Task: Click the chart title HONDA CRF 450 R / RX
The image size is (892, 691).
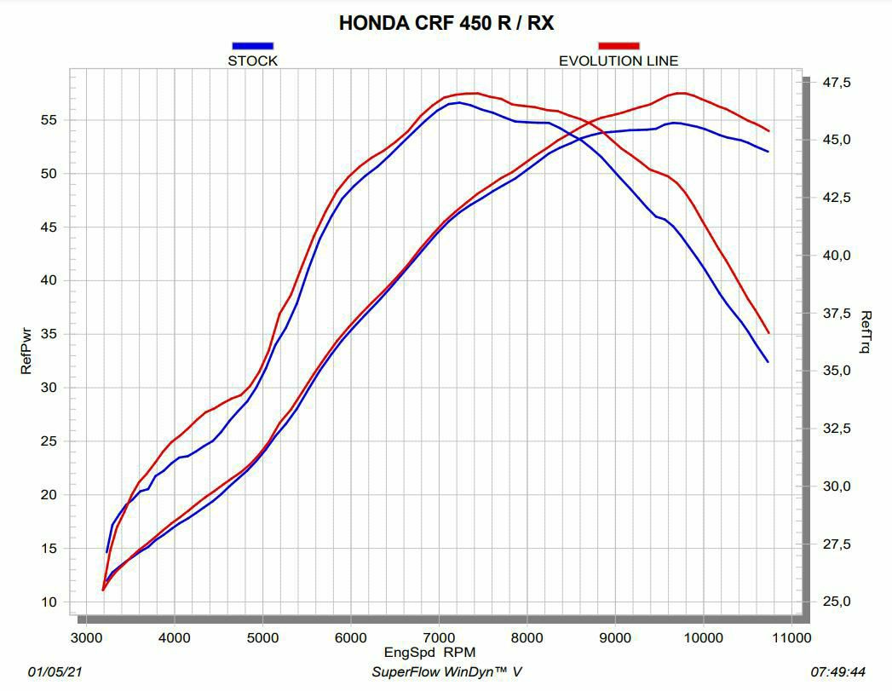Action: (446, 23)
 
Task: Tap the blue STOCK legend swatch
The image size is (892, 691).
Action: (252, 46)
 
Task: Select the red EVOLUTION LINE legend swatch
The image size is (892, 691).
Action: (619, 46)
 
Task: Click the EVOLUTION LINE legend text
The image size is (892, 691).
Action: (619, 60)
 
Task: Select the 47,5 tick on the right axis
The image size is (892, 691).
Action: (835, 83)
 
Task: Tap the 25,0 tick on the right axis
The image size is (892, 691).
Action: (835, 602)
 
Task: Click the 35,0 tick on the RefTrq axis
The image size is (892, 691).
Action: (835, 371)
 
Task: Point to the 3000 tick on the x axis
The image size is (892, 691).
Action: (85, 637)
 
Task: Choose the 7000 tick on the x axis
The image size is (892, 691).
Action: (439, 637)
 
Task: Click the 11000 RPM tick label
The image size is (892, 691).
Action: (791, 637)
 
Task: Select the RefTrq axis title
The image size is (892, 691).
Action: (866, 332)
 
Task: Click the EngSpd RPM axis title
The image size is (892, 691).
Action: (429, 653)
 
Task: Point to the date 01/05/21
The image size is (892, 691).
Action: (55, 672)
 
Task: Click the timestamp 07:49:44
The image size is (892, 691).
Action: (839, 672)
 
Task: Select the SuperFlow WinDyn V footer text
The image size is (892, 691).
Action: (446, 672)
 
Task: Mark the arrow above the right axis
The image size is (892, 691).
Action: (805, 80)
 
